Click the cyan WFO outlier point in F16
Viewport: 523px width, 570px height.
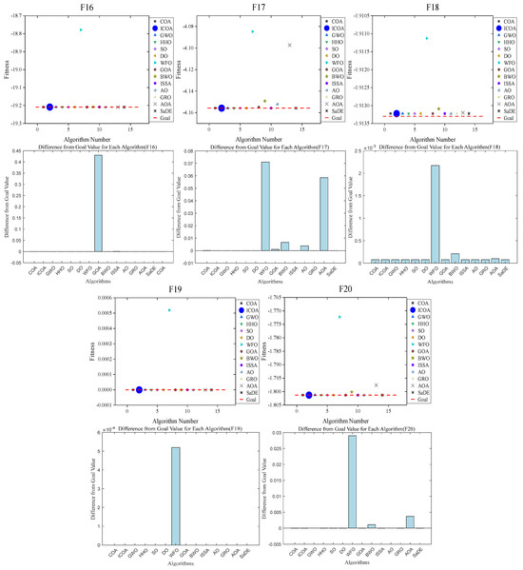click(81, 29)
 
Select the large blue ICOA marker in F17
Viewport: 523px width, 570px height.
click(222, 108)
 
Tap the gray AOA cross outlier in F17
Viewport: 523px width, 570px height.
click(290, 45)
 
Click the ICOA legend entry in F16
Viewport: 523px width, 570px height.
click(162, 29)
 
